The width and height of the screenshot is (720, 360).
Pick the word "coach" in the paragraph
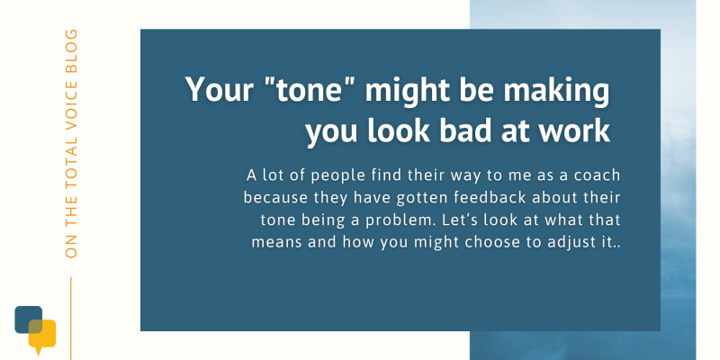(x=597, y=175)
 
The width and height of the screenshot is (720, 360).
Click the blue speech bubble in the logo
(x=27, y=317)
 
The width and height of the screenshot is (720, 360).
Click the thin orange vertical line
(x=71, y=319)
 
